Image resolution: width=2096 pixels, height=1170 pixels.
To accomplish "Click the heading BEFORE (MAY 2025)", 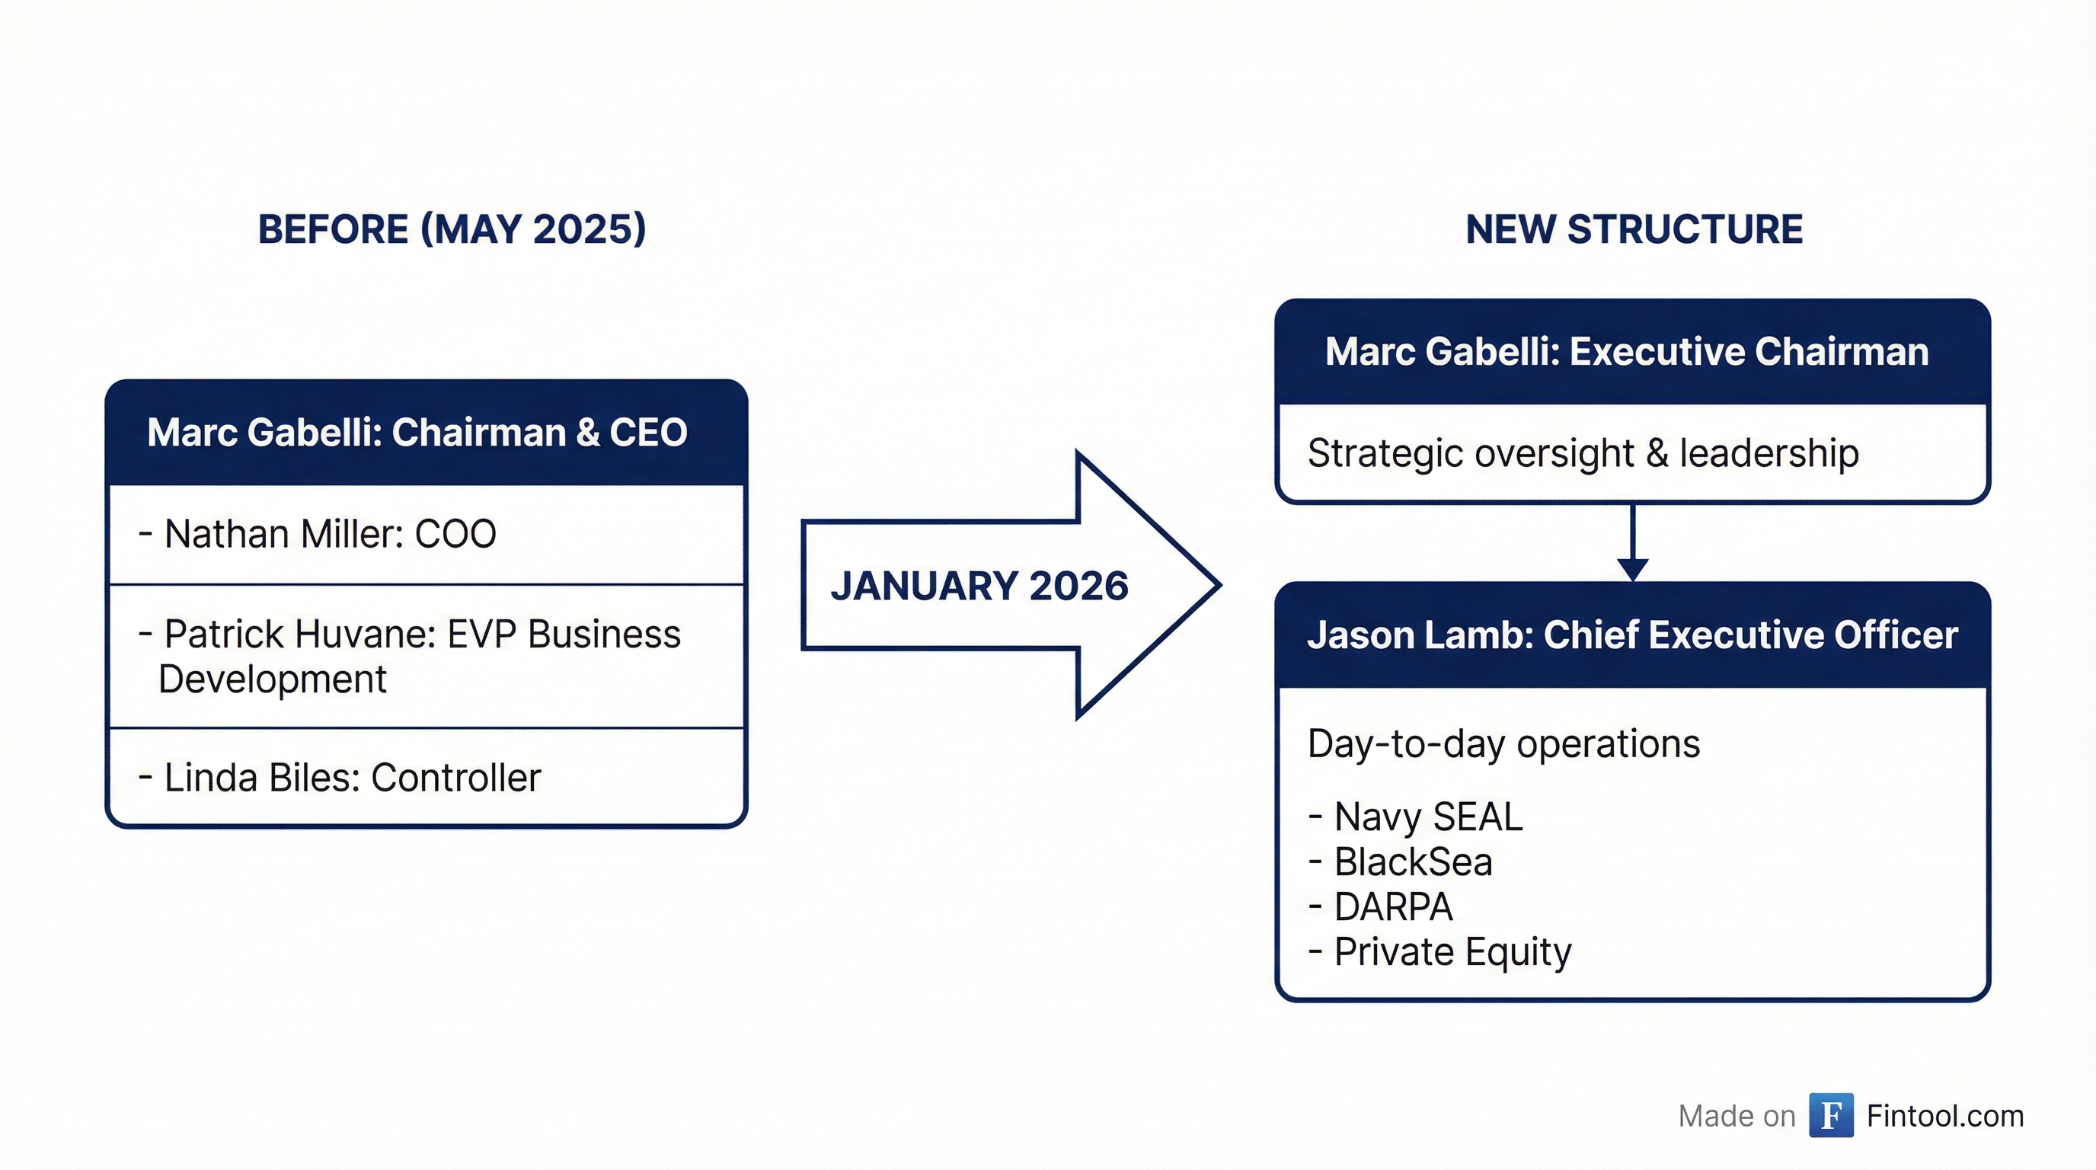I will (452, 229).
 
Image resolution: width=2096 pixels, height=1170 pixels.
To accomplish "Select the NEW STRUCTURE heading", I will (1634, 229).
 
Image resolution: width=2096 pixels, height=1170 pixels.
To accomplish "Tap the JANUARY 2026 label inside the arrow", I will (979, 586).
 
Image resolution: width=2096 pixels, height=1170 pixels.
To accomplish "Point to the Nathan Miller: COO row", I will (330, 535).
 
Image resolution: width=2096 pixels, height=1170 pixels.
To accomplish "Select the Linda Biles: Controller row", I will (352, 778).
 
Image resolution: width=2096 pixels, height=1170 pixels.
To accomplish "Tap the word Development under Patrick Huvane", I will (273, 679).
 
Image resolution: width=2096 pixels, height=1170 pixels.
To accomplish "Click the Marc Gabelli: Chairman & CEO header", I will (417, 432).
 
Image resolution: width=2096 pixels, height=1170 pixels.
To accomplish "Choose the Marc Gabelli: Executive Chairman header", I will (1626, 351).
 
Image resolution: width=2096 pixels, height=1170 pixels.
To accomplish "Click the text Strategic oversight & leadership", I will (1583, 453).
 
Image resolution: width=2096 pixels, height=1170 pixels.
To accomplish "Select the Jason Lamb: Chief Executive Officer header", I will (1631, 635).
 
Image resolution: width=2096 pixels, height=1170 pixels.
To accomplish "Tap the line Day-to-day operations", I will (1503, 743).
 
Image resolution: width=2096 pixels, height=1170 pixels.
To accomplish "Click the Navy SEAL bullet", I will (1427, 817).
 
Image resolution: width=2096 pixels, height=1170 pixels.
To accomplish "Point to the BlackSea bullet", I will (1413, 862).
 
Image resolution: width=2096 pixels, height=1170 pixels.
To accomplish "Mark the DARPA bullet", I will (1392, 907).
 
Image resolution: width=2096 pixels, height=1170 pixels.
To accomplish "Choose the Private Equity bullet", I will (1452, 952).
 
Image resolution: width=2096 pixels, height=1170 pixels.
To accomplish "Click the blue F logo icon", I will (1831, 1115).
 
